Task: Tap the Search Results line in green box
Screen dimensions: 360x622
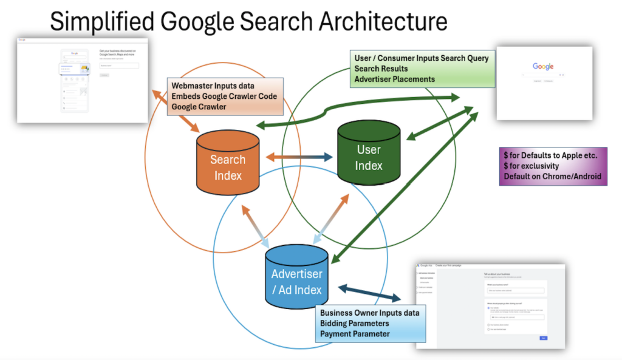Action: (381, 69)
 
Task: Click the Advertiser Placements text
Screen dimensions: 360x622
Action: (394, 79)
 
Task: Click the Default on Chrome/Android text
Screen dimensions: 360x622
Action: (552, 177)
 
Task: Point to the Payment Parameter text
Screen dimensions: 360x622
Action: (355, 334)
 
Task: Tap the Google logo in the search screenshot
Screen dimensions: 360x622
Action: (543, 66)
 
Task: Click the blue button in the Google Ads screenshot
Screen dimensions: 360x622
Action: (543, 338)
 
